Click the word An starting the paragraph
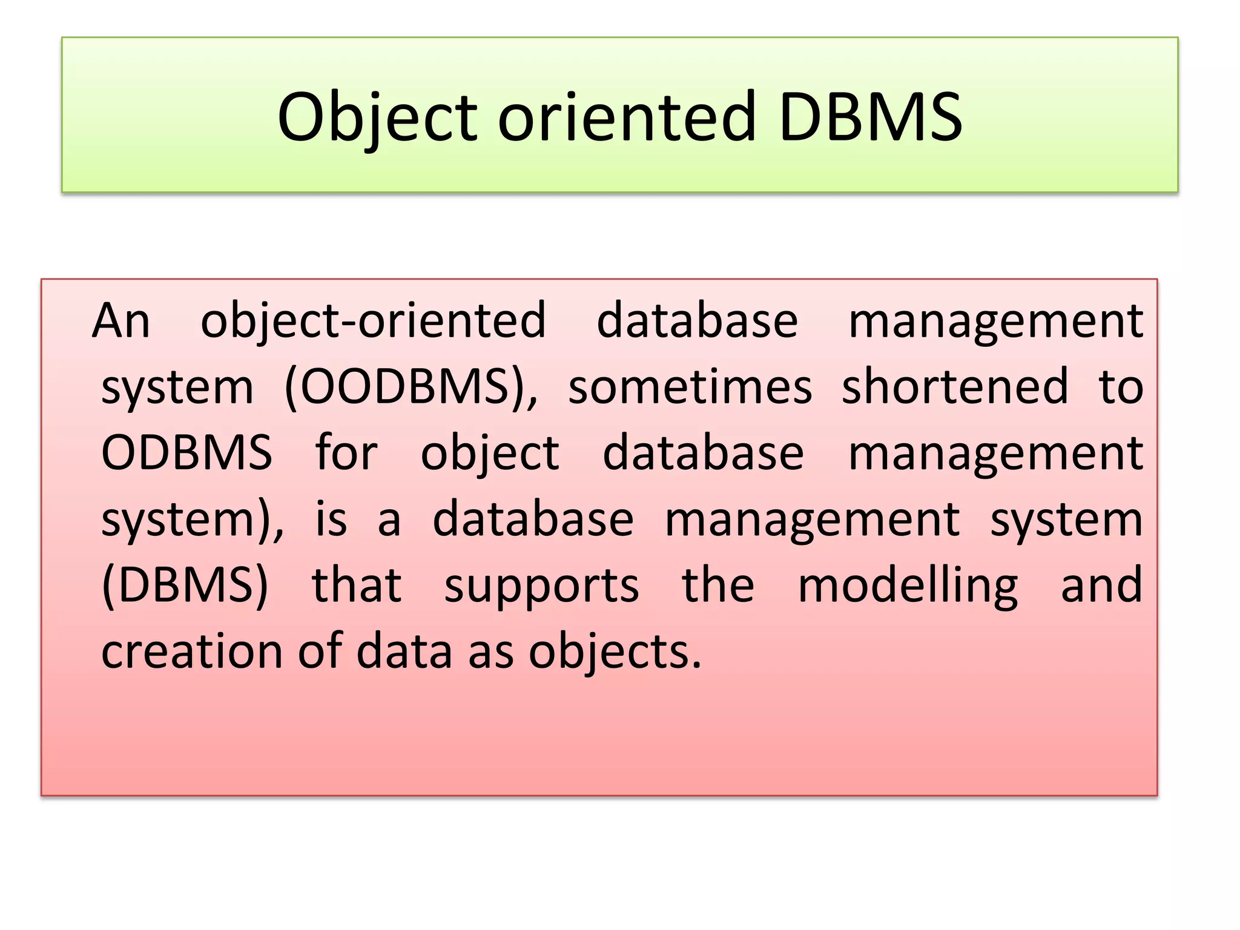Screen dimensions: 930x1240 [121, 321]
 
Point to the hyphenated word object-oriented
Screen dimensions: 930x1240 [373, 321]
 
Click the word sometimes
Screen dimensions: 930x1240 [690, 387]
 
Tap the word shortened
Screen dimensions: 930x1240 [955, 387]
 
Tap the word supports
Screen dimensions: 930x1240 [541, 587]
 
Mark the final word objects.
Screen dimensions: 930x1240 [615, 653]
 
